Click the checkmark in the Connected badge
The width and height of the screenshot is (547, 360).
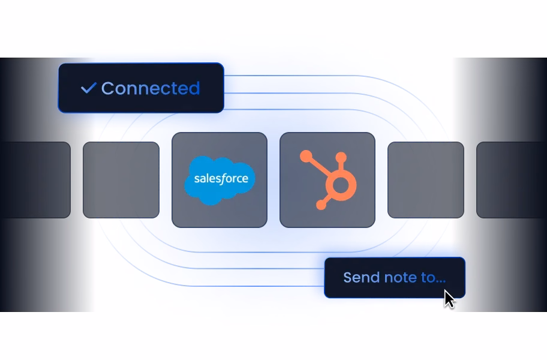[x=88, y=88]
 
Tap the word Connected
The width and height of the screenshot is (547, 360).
[x=150, y=88]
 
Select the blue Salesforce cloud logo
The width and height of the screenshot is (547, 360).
[x=220, y=179]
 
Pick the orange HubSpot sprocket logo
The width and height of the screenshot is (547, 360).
[x=327, y=179]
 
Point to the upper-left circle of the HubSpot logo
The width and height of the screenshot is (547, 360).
[x=306, y=157]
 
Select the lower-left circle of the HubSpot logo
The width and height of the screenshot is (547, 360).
[x=321, y=205]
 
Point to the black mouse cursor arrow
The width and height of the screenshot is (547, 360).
[x=449, y=298]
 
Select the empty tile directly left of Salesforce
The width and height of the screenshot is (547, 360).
[x=121, y=180]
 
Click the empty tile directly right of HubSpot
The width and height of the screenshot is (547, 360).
[x=425, y=180]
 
